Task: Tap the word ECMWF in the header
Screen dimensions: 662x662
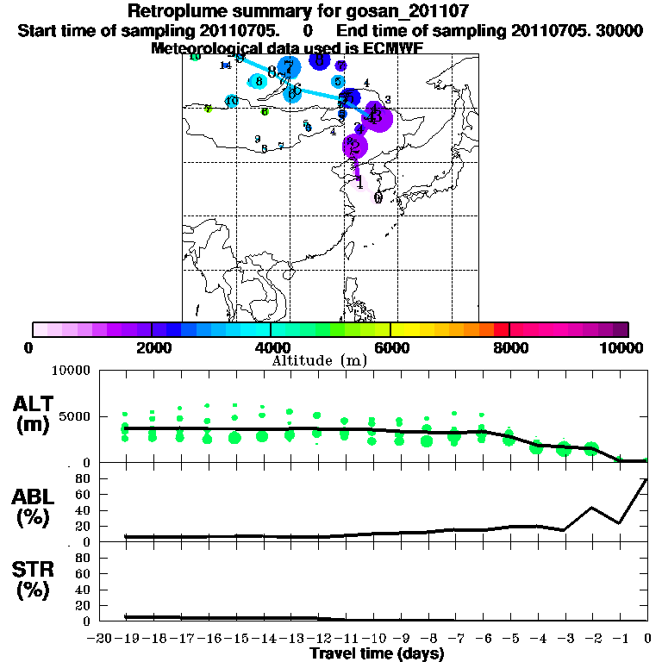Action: pos(389,48)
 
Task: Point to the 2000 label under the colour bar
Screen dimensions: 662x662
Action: pos(151,347)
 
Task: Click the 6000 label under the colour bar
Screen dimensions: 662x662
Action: pos(390,347)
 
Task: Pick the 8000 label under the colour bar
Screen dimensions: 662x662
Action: pos(510,347)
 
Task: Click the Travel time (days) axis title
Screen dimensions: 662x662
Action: pos(377,654)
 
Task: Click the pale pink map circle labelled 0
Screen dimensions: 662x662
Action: pos(378,197)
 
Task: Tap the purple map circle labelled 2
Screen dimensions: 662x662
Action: pos(354,146)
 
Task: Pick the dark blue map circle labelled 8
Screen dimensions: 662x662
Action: pos(320,60)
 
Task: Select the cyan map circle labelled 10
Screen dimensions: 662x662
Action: pos(231,101)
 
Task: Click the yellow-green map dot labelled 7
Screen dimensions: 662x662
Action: pos(208,109)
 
